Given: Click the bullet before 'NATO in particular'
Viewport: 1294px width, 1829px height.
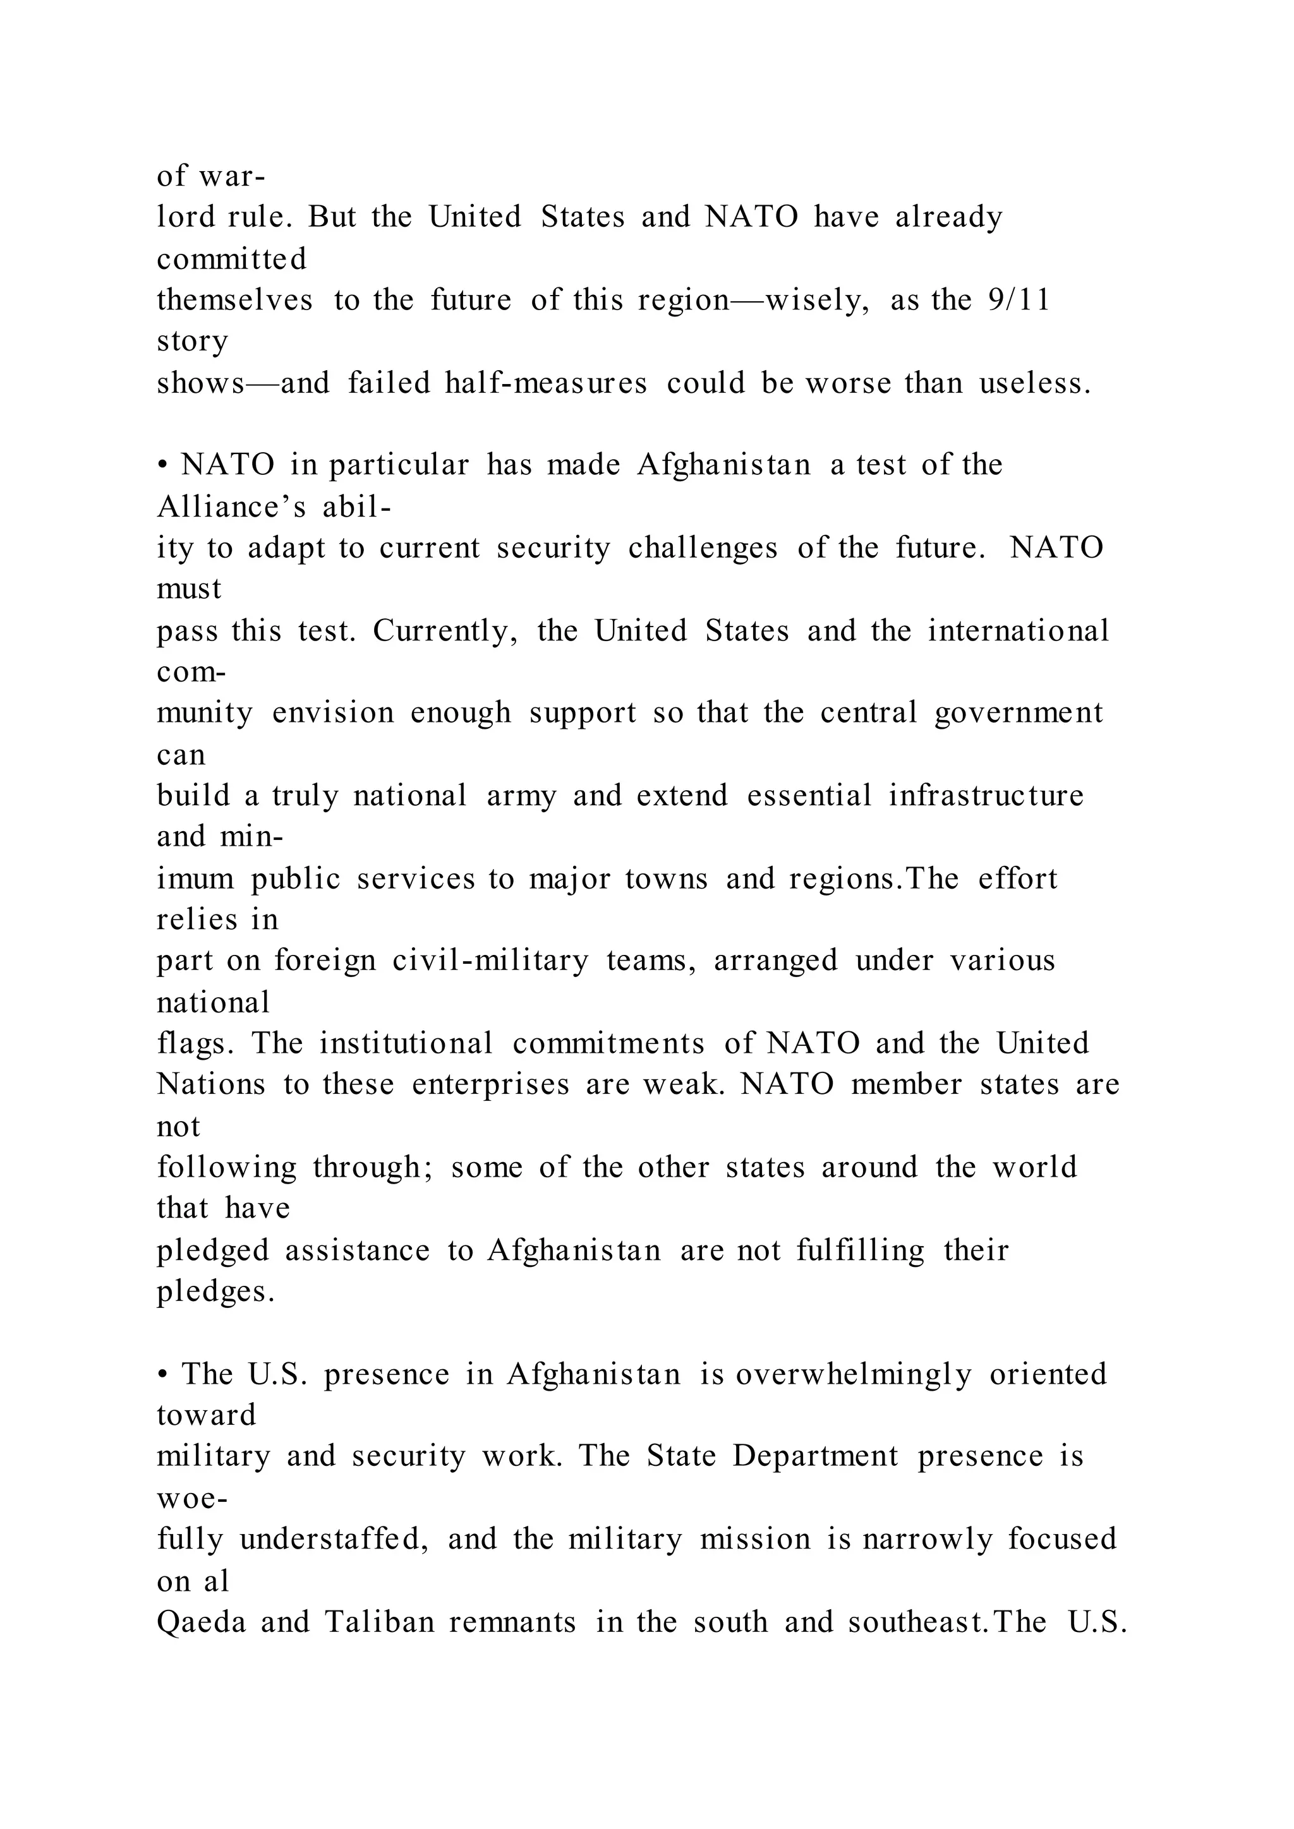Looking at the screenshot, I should [x=162, y=465].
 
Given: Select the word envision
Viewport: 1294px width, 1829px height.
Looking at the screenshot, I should [x=333, y=712].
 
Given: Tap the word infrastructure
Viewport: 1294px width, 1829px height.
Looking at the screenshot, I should [x=986, y=795].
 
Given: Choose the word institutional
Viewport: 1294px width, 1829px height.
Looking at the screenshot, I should [x=406, y=1043].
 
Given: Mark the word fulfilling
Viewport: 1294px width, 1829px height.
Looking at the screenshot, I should [x=861, y=1250].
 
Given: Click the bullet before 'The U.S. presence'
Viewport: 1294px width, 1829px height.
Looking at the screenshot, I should [x=162, y=1375].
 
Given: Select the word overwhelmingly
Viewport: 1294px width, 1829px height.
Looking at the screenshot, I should [x=854, y=1375].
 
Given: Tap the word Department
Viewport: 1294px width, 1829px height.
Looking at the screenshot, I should [x=815, y=1456].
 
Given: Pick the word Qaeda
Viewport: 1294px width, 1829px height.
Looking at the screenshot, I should [x=202, y=1622].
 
